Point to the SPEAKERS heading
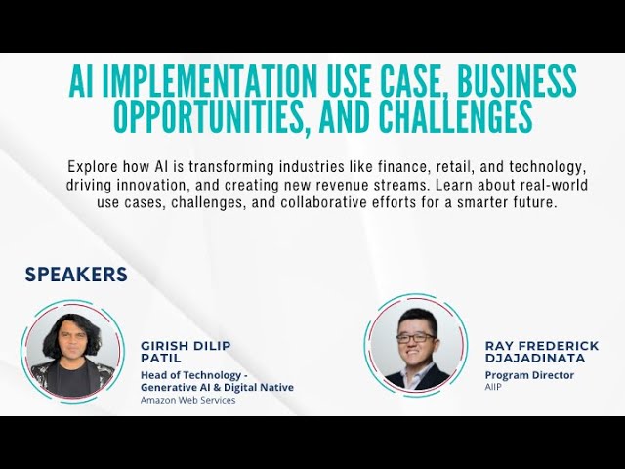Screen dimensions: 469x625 pyautogui.click(x=76, y=275)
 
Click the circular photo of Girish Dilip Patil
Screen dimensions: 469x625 pyautogui.click(x=72, y=350)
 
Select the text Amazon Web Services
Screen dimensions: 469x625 pyautogui.click(x=187, y=400)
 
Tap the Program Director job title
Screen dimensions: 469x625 pyautogui.click(x=529, y=375)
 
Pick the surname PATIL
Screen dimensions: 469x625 pyautogui.click(x=161, y=359)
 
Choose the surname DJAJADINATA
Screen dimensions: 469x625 pyautogui.click(x=535, y=359)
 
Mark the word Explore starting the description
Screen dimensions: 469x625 pyautogui.click(x=97, y=166)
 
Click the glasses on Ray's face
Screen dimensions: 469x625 pyautogui.click(x=416, y=337)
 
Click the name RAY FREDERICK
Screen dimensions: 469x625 pyautogui.click(x=542, y=346)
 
